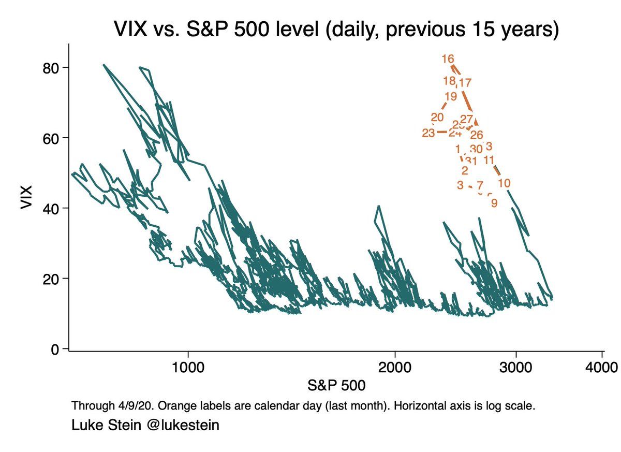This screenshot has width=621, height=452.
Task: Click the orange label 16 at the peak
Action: click(448, 59)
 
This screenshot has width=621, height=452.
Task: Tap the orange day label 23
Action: click(428, 133)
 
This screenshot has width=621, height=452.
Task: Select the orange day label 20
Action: click(437, 118)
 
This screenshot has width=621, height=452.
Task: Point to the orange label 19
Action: click(450, 96)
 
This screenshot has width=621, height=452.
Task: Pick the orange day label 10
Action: click(505, 183)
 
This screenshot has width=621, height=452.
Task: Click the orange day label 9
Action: click(494, 203)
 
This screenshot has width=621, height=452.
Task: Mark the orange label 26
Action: click(477, 135)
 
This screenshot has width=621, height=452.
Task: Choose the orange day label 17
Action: click(465, 82)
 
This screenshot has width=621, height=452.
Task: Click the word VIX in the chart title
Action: click(130, 31)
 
